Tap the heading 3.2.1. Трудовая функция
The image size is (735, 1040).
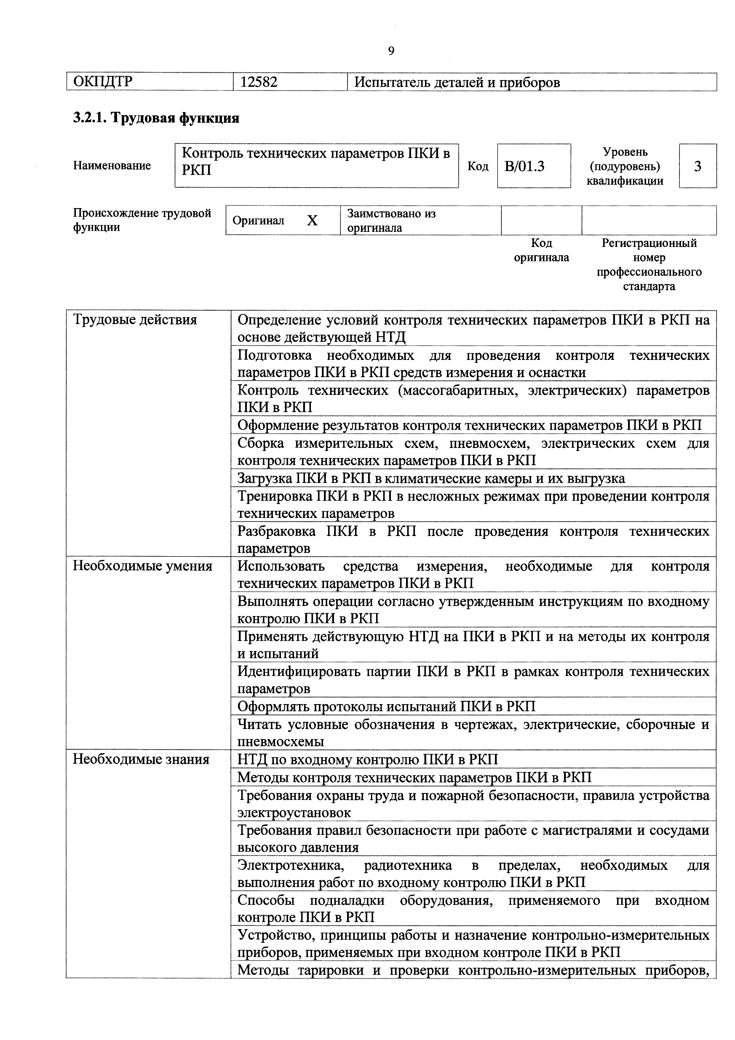click(x=156, y=118)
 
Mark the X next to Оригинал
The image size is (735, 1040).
click(x=312, y=221)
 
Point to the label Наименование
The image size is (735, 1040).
click(x=112, y=166)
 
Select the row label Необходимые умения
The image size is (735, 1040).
click(x=142, y=566)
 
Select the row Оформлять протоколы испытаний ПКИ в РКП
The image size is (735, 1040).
click(x=386, y=706)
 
